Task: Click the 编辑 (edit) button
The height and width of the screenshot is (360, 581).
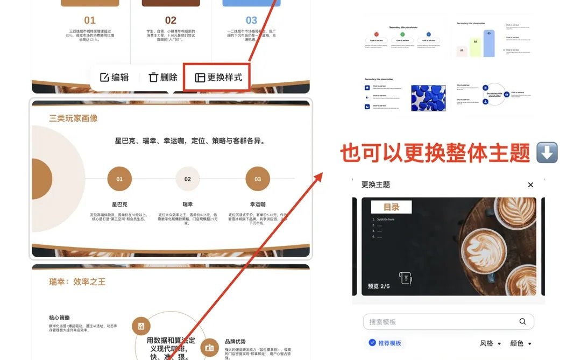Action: pyautogui.click(x=115, y=77)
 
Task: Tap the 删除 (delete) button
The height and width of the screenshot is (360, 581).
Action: pyautogui.click(x=163, y=77)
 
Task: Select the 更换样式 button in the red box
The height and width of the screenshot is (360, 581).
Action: pyautogui.click(x=218, y=77)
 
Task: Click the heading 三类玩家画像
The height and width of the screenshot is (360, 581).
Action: pyautogui.click(x=73, y=118)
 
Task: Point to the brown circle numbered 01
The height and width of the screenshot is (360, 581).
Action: pyautogui.click(x=119, y=179)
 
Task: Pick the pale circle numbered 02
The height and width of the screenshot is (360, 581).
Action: pyautogui.click(x=188, y=179)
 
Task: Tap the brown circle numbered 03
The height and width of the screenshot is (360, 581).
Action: pyautogui.click(x=258, y=179)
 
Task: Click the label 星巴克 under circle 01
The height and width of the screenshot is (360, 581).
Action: pyautogui.click(x=119, y=204)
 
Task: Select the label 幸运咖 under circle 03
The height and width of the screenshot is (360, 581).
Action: pyautogui.click(x=258, y=204)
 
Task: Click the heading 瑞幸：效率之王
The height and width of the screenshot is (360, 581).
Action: pyautogui.click(x=77, y=281)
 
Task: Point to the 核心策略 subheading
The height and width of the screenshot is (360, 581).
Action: pyautogui.click(x=59, y=317)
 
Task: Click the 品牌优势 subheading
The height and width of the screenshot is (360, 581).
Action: pyautogui.click(x=235, y=341)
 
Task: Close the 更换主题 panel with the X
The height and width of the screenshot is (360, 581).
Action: pyautogui.click(x=530, y=185)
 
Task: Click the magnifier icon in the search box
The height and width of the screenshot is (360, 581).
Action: pyautogui.click(x=522, y=322)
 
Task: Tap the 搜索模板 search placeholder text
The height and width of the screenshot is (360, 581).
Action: pyautogui.click(x=382, y=322)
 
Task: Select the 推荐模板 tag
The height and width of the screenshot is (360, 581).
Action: pyautogui.click(x=385, y=343)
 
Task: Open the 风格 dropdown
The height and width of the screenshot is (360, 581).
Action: pyautogui.click(x=490, y=343)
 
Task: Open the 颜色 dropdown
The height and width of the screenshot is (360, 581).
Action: pyautogui.click(x=520, y=343)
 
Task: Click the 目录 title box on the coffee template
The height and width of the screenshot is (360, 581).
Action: pyautogui.click(x=392, y=207)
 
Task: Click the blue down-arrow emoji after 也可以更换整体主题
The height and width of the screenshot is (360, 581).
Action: pyautogui.click(x=547, y=153)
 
